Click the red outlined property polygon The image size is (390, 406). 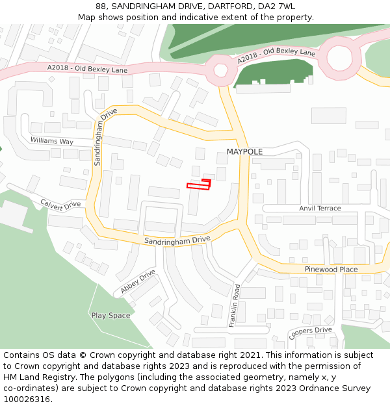tap(199, 186)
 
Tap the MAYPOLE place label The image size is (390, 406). tap(244, 151)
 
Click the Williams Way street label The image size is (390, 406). tap(52, 141)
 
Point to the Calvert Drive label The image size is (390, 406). tap(60, 204)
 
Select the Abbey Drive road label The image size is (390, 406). tap(138, 281)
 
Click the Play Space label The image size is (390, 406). tap(110, 316)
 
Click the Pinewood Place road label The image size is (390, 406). tap(331, 269)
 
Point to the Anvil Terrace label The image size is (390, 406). tap(320, 209)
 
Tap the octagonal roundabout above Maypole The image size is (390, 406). tap(220, 70)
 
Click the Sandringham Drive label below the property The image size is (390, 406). tap(177, 240)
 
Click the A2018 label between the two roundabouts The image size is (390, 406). tap(276, 56)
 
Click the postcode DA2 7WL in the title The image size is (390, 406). tap(277, 6)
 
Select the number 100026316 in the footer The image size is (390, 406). tap(25, 399)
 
